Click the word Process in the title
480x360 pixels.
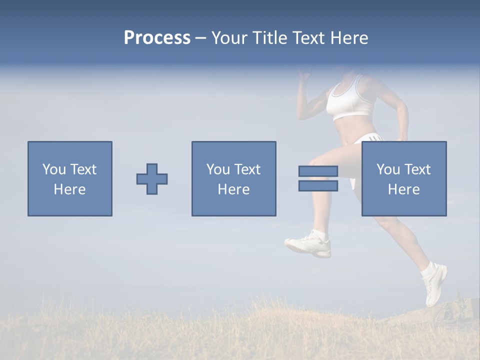157,38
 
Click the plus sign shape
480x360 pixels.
152,179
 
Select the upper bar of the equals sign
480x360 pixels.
318,171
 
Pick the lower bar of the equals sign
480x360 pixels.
318,186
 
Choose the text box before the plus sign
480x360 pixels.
70,178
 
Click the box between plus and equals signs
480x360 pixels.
233,178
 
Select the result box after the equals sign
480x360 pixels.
403,178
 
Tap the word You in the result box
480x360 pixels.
387,169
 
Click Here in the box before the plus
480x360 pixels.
69,189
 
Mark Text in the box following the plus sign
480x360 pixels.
247,169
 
